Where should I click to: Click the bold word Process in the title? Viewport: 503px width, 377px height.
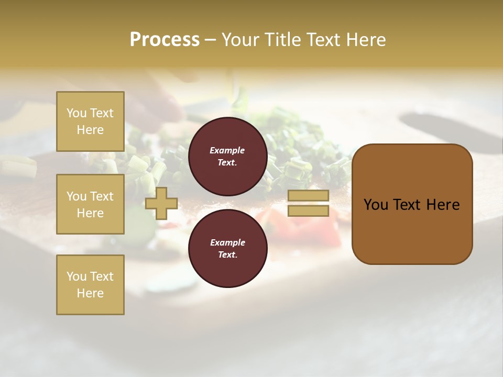tap(165, 40)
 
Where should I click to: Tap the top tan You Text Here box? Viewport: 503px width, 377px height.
tap(90, 121)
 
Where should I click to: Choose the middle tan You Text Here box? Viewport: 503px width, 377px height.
tap(90, 204)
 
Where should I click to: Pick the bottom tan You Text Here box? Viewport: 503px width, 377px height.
tap(90, 284)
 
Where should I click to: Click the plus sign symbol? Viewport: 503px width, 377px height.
tap(161, 204)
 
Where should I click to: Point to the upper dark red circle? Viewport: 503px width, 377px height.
tap(227, 157)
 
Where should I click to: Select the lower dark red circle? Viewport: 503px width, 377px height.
tap(227, 249)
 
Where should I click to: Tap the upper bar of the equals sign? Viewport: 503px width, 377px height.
tap(308, 196)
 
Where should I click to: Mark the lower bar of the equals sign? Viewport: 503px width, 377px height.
tap(308, 211)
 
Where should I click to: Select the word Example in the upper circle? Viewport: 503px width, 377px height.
tap(227, 150)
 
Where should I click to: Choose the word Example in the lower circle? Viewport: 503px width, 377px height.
tap(227, 242)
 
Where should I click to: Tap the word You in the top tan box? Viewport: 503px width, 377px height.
tap(76, 113)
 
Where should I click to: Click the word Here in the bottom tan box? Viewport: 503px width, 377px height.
tap(90, 293)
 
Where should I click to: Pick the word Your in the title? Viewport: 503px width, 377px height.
tap(242, 40)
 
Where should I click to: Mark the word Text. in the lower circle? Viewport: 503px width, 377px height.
tap(227, 255)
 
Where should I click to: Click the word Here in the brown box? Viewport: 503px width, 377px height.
tap(443, 205)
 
